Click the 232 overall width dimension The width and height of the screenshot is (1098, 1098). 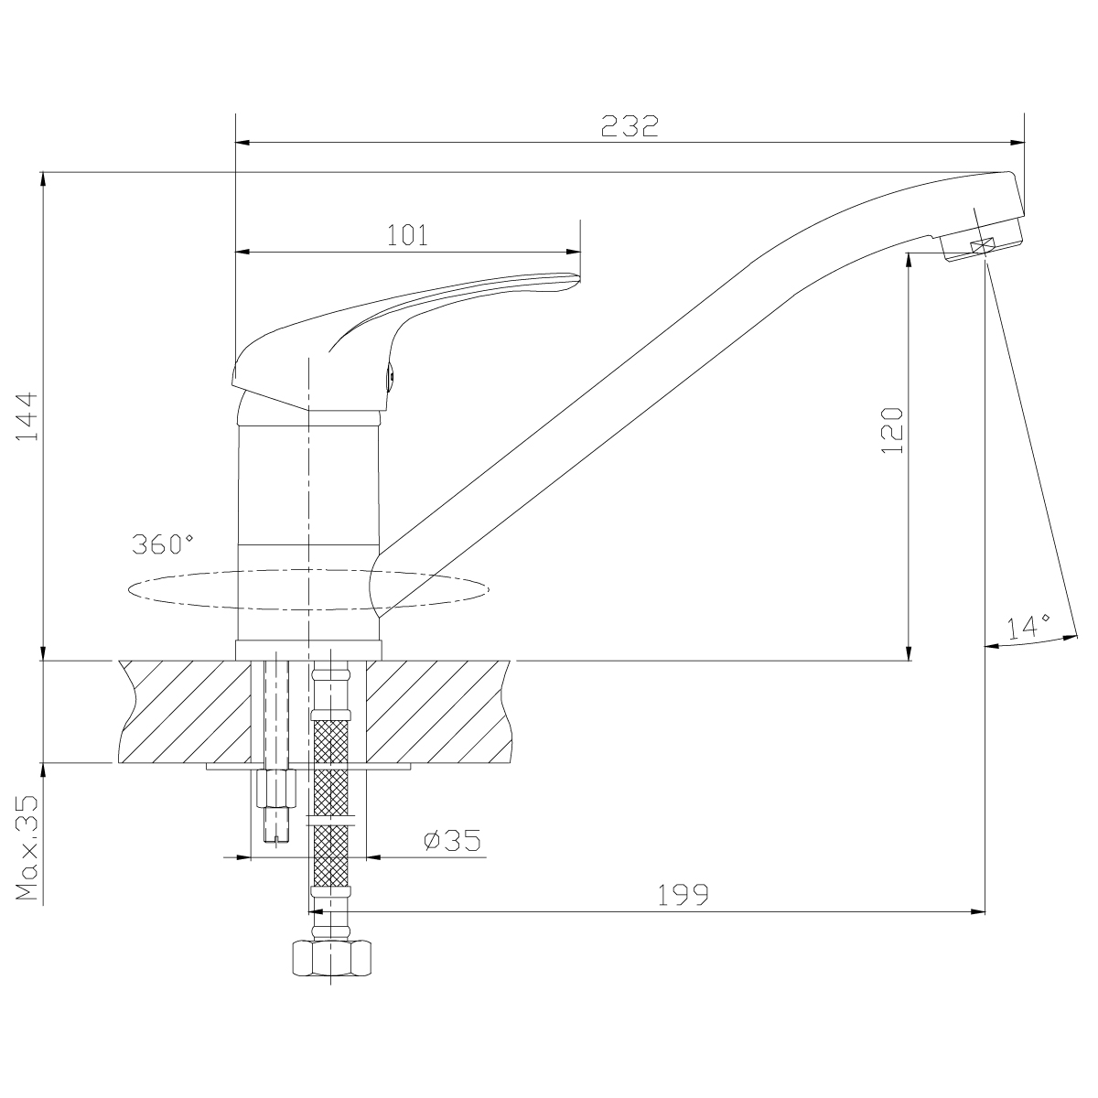tap(630, 126)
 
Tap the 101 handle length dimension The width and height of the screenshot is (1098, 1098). tap(407, 235)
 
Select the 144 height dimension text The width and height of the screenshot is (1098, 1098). tap(27, 416)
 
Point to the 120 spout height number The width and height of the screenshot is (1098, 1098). tap(892, 430)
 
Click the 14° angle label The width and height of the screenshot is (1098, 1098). tap(1028, 627)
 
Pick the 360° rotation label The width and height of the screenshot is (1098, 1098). tap(162, 544)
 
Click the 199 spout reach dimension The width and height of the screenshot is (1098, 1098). tap(684, 895)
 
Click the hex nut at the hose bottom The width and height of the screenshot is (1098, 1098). tap(331, 958)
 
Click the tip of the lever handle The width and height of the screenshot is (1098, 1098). tap(579, 277)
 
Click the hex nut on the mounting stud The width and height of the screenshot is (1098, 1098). tap(276, 789)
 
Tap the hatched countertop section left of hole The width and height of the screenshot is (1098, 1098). tap(184, 712)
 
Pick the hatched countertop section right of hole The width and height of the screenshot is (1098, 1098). tap(438, 712)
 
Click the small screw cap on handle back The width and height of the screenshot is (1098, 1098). tap(391, 377)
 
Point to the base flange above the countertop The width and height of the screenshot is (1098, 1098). tap(308, 651)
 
